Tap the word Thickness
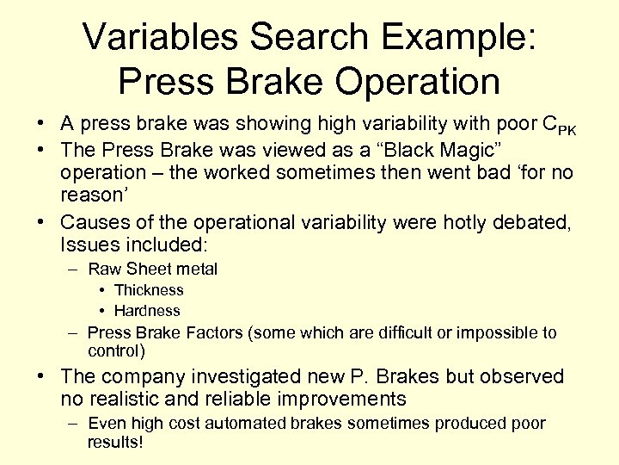(149, 290)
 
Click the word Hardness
(147, 311)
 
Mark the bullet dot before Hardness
(101, 311)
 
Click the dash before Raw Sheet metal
(76, 269)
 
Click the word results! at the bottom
(115, 443)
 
